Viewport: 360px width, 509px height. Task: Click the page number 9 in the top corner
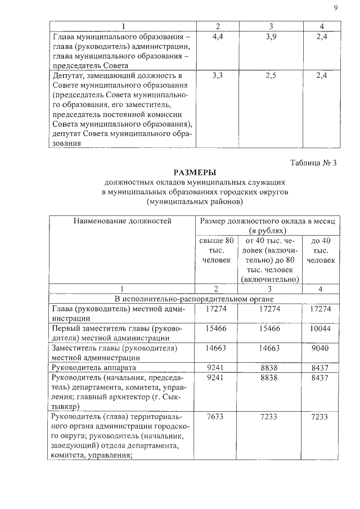pos(335,7)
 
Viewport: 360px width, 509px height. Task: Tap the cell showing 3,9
pos(271,37)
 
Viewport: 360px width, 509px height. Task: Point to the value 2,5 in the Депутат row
pos(271,75)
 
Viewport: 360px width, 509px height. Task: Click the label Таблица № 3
pos(313,163)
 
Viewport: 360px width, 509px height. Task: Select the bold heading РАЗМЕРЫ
pos(194,173)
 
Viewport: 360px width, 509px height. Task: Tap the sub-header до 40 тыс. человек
pos(321,250)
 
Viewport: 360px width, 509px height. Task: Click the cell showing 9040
pos(321,348)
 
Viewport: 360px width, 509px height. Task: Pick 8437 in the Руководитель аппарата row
pos(321,367)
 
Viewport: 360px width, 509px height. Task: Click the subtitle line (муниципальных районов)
pos(194,201)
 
